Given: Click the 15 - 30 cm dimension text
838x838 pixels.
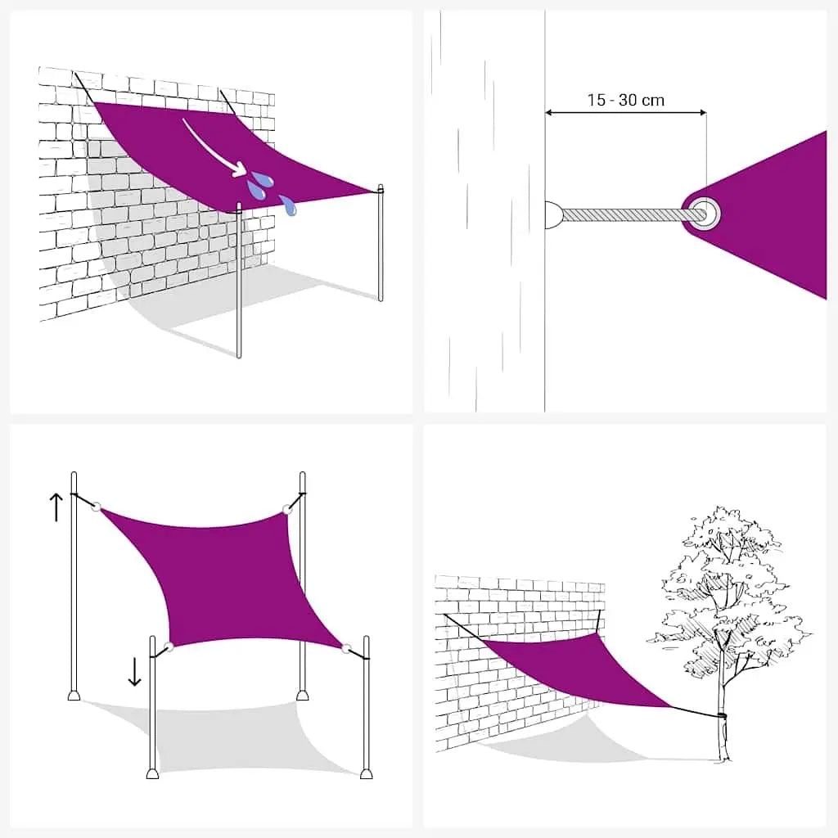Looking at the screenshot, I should pos(625,101).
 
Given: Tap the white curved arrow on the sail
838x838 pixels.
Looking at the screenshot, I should pos(211,145).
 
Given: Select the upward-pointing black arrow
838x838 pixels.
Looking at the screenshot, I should pos(55,507).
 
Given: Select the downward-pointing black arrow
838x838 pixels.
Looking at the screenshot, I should pos(134,670).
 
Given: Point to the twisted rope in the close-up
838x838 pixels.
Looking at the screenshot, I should pos(626,214).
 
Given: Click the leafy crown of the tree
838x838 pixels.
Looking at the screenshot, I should pos(724,581).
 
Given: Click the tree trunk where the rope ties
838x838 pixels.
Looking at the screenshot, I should pos(721,716).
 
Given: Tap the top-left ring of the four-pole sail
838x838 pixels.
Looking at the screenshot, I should pos(97,507).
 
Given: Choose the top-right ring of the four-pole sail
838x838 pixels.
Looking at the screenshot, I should pos(286,511).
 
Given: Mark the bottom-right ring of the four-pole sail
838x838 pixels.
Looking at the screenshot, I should pos(346,649).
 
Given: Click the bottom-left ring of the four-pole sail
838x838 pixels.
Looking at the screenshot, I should pos(169,647).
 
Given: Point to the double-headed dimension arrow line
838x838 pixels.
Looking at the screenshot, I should pos(625,113).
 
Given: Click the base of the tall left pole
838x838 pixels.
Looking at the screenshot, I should pos(74,696).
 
